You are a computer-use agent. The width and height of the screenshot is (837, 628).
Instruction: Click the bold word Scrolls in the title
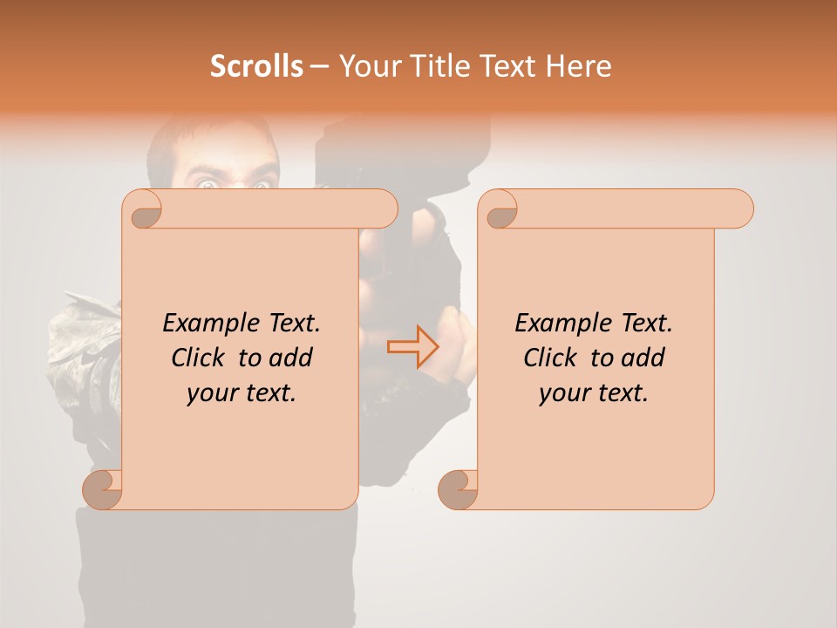256,66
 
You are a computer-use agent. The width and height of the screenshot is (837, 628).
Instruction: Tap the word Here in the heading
579,66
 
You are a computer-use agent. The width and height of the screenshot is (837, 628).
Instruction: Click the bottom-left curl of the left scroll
104,490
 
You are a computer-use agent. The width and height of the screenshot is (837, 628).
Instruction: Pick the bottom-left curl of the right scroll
459,490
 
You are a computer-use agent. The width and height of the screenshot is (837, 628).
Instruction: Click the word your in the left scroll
211,393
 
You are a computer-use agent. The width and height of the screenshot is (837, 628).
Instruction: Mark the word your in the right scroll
563,393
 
